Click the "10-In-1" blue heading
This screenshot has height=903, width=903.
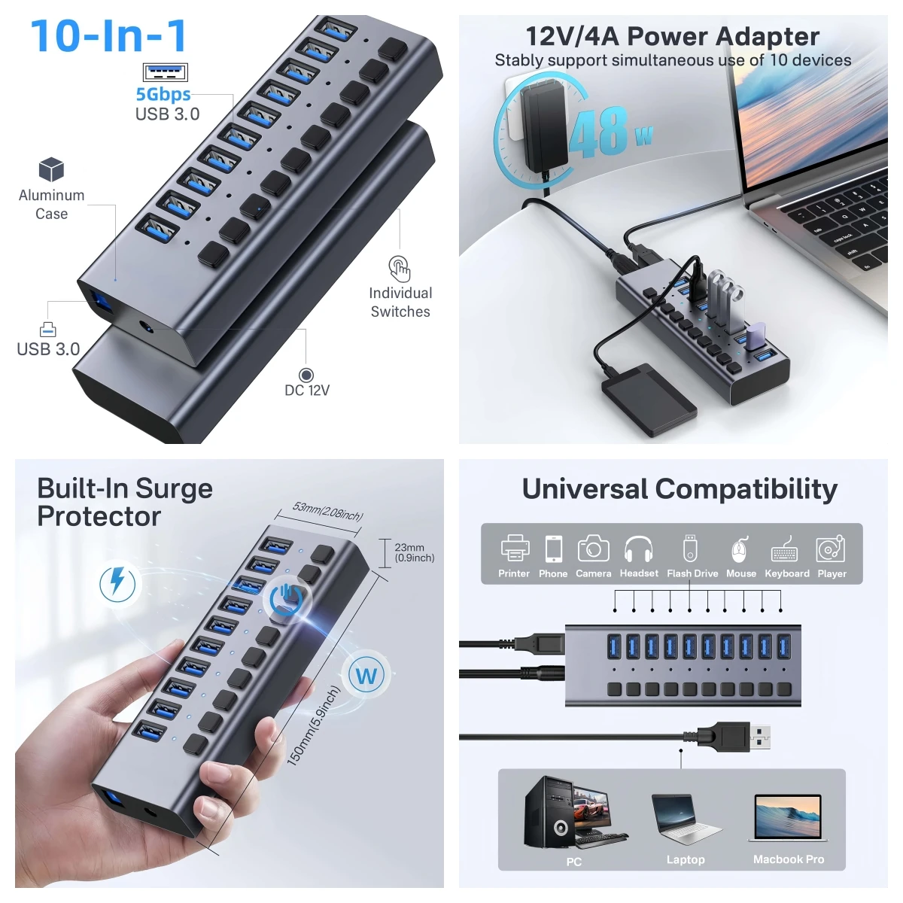(x=109, y=36)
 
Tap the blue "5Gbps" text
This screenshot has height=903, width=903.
(x=163, y=94)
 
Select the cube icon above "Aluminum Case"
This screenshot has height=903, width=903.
(x=51, y=169)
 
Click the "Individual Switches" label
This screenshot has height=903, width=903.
(x=400, y=302)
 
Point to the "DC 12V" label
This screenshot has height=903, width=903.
(x=307, y=390)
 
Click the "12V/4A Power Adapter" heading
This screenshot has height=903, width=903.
(x=672, y=35)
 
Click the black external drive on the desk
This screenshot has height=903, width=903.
(x=649, y=400)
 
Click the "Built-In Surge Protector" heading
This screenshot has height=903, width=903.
(x=125, y=502)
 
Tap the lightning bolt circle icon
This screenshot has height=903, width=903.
(x=118, y=583)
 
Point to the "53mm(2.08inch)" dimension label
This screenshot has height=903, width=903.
(x=328, y=511)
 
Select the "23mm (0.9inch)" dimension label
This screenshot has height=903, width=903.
(x=414, y=552)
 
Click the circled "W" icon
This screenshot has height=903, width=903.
(x=366, y=675)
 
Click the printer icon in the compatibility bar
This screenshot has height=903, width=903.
(x=515, y=549)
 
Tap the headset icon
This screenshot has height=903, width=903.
(x=638, y=549)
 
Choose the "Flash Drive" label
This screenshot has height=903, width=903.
(x=692, y=573)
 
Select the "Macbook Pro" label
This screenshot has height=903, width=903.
(x=788, y=859)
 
